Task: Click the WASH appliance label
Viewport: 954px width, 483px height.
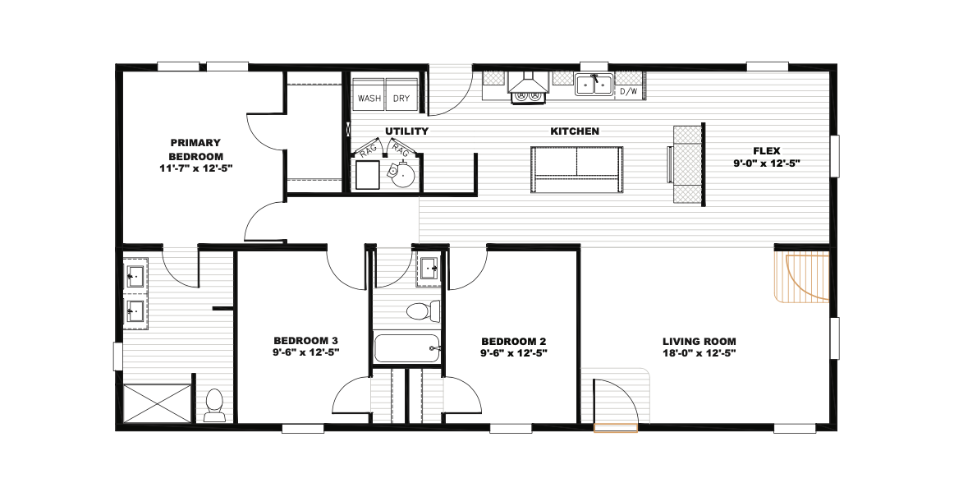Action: (x=369, y=98)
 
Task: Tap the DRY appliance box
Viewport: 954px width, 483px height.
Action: (x=401, y=95)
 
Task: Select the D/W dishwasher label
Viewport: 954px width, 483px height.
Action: (x=629, y=92)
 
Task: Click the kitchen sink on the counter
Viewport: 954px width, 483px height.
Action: (x=594, y=85)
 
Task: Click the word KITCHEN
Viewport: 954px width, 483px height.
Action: (x=575, y=131)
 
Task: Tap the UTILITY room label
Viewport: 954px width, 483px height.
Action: (x=407, y=131)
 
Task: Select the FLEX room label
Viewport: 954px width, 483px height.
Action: (x=767, y=151)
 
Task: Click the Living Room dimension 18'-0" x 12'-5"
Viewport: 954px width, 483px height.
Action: (x=699, y=352)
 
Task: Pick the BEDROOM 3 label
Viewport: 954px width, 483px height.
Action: (x=305, y=340)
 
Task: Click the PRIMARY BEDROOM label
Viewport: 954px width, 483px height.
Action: (x=195, y=149)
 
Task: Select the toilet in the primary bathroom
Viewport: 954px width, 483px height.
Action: (x=213, y=406)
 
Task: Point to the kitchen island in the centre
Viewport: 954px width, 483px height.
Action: (x=577, y=170)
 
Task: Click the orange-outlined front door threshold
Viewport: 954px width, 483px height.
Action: (x=616, y=428)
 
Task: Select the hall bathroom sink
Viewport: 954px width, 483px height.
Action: (x=430, y=268)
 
